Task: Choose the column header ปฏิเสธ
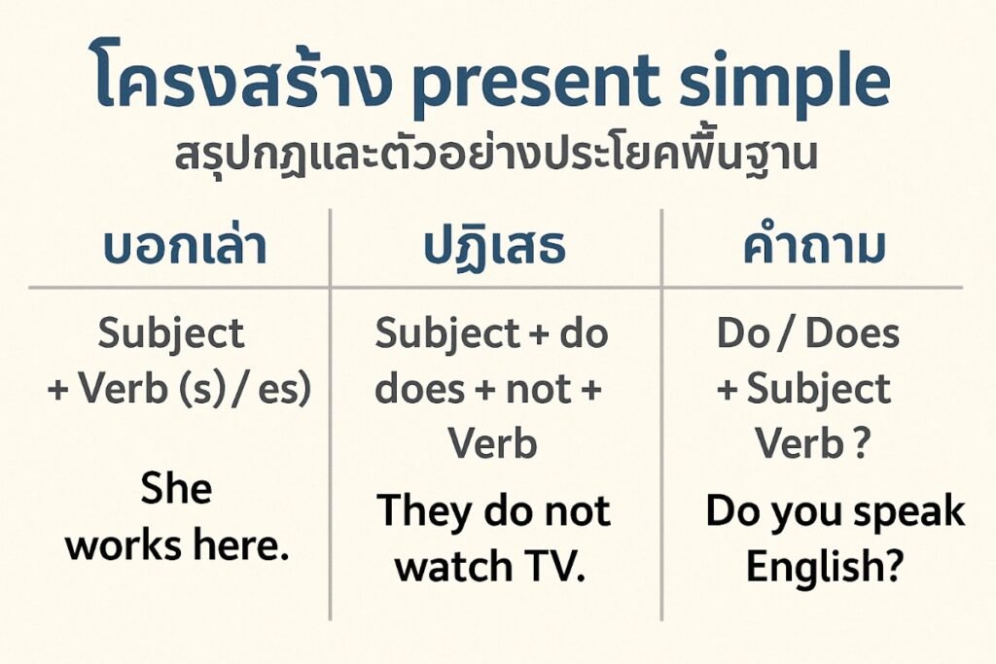(494, 248)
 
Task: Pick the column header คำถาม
(816, 248)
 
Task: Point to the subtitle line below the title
(497, 157)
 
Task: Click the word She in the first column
(176, 488)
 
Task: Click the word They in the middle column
(425, 511)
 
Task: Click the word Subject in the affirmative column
(171, 334)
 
